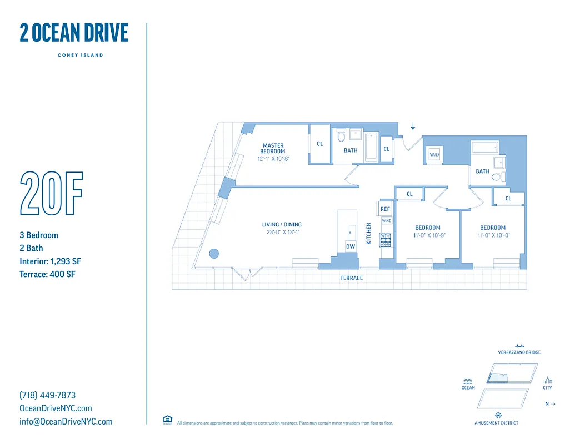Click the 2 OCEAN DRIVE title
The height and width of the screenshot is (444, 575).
pyautogui.click(x=74, y=33)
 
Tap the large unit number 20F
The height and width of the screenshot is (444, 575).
pyautogui.click(x=51, y=194)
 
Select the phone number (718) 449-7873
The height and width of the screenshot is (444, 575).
pyautogui.click(x=47, y=395)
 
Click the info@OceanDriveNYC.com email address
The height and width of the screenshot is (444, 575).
pyautogui.click(x=66, y=421)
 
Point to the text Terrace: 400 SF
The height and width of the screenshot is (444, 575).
pyautogui.click(x=47, y=274)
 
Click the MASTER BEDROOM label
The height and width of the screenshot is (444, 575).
pyautogui.click(x=273, y=148)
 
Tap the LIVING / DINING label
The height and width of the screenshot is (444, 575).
pyautogui.click(x=282, y=225)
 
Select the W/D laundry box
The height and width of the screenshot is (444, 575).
pyautogui.click(x=434, y=155)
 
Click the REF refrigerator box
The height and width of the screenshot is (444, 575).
pyautogui.click(x=385, y=209)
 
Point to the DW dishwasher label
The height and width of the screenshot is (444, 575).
pyautogui.click(x=350, y=246)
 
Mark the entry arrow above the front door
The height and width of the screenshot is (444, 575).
pyautogui.click(x=412, y=127)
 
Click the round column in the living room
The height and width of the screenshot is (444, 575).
pyautogui.click(x=214, y=254)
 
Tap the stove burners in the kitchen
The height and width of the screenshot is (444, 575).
pyautogui.click(x=385, y=240)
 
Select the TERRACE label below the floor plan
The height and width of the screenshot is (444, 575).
pyautogui.click(x=351, y=277)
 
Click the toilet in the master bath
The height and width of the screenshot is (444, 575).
pyautogui.click(x=341, y=135)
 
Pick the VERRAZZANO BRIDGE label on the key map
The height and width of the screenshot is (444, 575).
pyautogui.click(x=519, y=352)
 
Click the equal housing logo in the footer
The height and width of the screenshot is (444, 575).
pyautogui.click(x=167, y=420)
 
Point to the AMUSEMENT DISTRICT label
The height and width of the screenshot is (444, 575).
pyautogui.click(x=496, y=423)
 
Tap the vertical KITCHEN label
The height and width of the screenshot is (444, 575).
pyautogui.click(x=368, y=234)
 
